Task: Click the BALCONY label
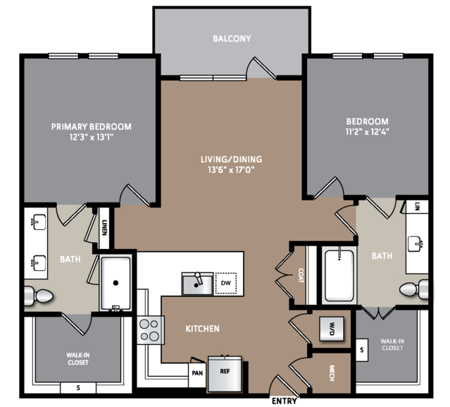232,39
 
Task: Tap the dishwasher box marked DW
226,283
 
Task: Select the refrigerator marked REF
225,373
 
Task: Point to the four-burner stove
150,330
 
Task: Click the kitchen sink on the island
197,284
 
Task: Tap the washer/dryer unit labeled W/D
332,329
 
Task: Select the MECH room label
332,373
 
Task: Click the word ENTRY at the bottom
284,401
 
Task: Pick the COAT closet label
301,275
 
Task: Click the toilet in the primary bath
39,296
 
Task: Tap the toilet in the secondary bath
414,289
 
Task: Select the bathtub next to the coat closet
339,275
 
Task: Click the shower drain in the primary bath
115,283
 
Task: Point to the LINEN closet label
104,228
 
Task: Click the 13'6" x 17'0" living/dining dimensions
231,170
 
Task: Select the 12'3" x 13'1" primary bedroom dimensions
92,137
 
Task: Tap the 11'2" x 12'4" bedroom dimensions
368,132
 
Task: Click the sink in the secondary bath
415,244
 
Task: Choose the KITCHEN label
203,329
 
